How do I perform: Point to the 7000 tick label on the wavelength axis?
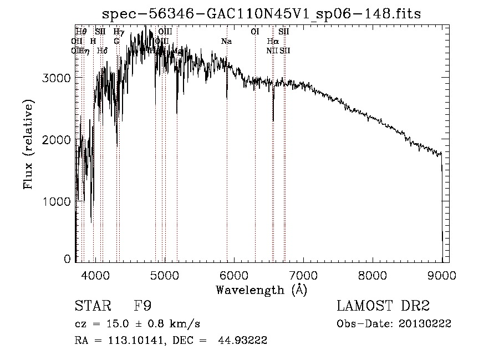(x=303, y=274)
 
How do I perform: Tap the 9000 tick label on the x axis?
(x=441, y=274)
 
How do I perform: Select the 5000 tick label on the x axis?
(x=164, y=274)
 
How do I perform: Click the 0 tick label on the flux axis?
(x=67, y=259)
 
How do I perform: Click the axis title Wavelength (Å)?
(x=261, y=290)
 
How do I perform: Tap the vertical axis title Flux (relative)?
(x=29, y=144)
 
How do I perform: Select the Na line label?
(x=226, y=41)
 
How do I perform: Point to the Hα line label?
(x=272, y=41)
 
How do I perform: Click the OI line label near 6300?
(x=255, y=32)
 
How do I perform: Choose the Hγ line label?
(x=119, y=32)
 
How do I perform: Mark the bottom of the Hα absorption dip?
(x=273, y=120)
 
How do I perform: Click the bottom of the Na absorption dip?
(x=226, y=98)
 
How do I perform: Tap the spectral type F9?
(x=143, y=307)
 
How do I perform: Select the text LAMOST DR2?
(x=383, y=307)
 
